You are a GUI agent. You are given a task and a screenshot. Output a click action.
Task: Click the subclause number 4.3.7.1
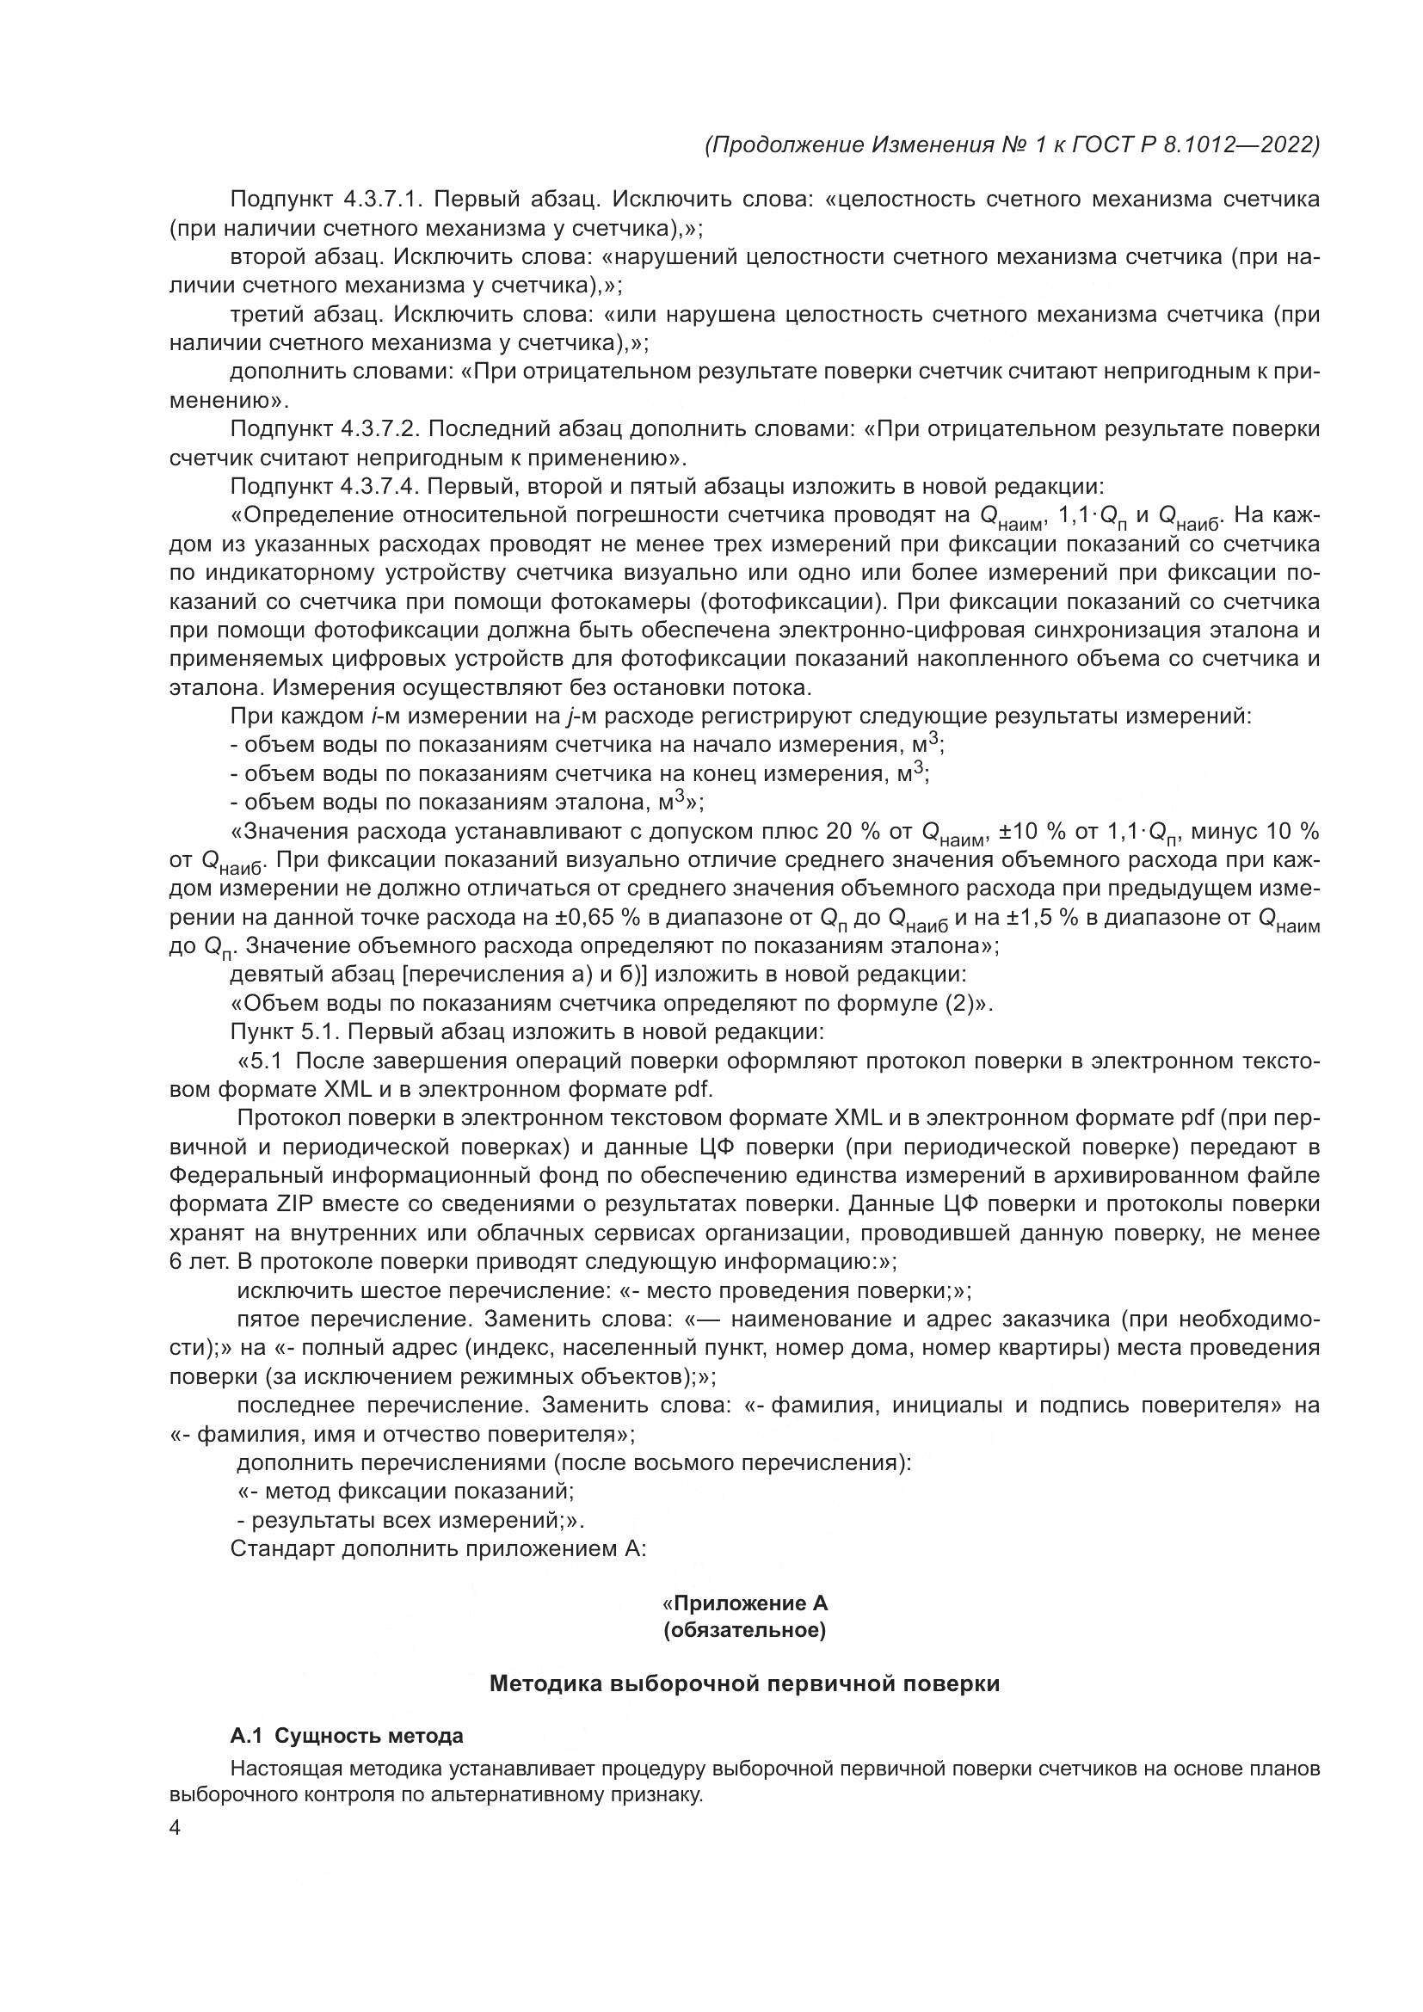tap(382, 200)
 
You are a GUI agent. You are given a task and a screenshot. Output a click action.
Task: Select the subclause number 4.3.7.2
tap(382, 429)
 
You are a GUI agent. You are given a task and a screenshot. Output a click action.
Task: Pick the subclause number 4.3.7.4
tap(382, 486)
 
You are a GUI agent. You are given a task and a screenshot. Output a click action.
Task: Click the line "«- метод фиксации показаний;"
tap(406, 1492)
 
